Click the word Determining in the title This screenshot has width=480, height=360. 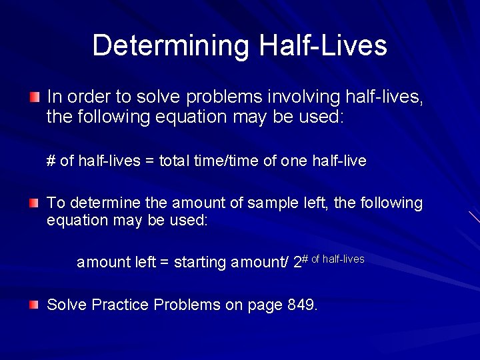171,45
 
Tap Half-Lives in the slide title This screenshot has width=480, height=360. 323,45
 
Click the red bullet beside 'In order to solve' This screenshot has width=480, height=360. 34,97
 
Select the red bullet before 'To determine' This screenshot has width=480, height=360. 34,203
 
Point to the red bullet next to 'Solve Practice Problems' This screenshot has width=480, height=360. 34,305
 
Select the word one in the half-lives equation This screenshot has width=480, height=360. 297,161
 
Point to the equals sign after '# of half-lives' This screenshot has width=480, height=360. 148,161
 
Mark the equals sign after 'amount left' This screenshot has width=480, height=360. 164,263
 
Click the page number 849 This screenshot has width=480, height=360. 301,305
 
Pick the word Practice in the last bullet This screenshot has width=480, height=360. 120,305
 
